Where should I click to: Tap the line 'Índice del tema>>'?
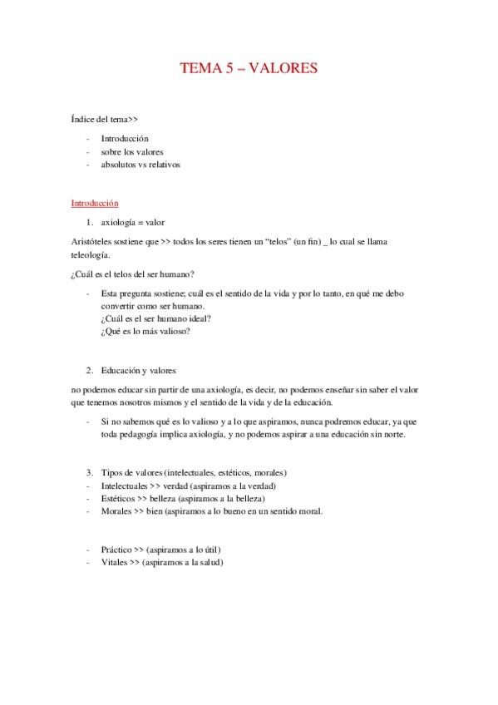pos(104,120)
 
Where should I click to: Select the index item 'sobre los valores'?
pos(132,151)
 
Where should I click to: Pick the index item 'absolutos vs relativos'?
pos(141,165)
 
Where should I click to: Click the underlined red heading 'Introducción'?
pos(95,203)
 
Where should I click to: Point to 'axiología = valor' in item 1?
pos(137,223)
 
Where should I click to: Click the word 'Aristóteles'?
pos(93,241)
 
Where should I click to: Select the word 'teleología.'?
pos(91,255)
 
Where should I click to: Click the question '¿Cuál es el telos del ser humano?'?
pos(133,274)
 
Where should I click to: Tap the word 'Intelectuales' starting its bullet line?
pos(125,485)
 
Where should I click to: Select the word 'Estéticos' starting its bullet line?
pos(119,498)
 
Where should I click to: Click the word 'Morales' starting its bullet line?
pos(116,510)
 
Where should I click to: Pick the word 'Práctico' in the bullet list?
pos(117,550)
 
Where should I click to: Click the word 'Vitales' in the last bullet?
pos(116,563)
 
